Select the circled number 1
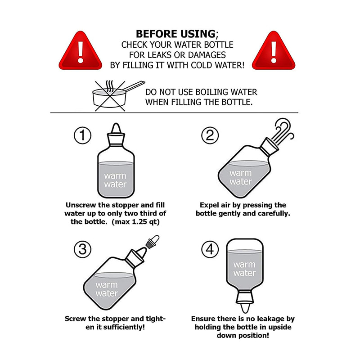click(x=82, y=135)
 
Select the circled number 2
click(x=210, y=135)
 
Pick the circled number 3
click(x=82, y=249)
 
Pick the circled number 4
click(x=210, y=249)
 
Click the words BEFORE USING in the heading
click(x=176, y=34)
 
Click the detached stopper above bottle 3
click(x=152, y=242)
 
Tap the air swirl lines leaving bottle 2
click(x=283, y=130)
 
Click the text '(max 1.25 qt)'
click(x=135, y=222)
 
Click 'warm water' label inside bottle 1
click(x=115, y=180)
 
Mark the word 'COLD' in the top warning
click(x=202, y=65)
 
